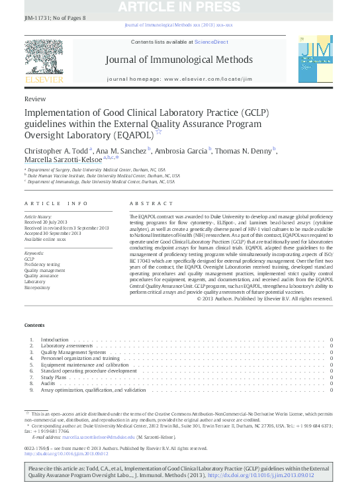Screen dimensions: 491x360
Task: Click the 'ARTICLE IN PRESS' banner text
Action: pyautogui.click(x=180, y=7)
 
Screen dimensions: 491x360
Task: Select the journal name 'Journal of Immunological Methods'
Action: pyautogui.click(x=179, y=60)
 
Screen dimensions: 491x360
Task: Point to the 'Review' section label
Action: pyautogui.click(x=32, y=97)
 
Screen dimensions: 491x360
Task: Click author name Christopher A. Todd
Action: pyautogui.click(x=56, y=151)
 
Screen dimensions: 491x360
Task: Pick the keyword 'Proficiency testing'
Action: pyautogui.click(x=42, y=265)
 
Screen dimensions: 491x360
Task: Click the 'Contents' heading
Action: pyautogui.click(x=34, y=325)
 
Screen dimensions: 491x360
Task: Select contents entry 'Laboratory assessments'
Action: pyautogui.click(x=66, y=346)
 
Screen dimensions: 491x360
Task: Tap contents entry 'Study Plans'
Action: pyautogui.click(x=52, y=377)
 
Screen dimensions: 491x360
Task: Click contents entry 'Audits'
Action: pyautogui.click(x=48, y=383)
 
